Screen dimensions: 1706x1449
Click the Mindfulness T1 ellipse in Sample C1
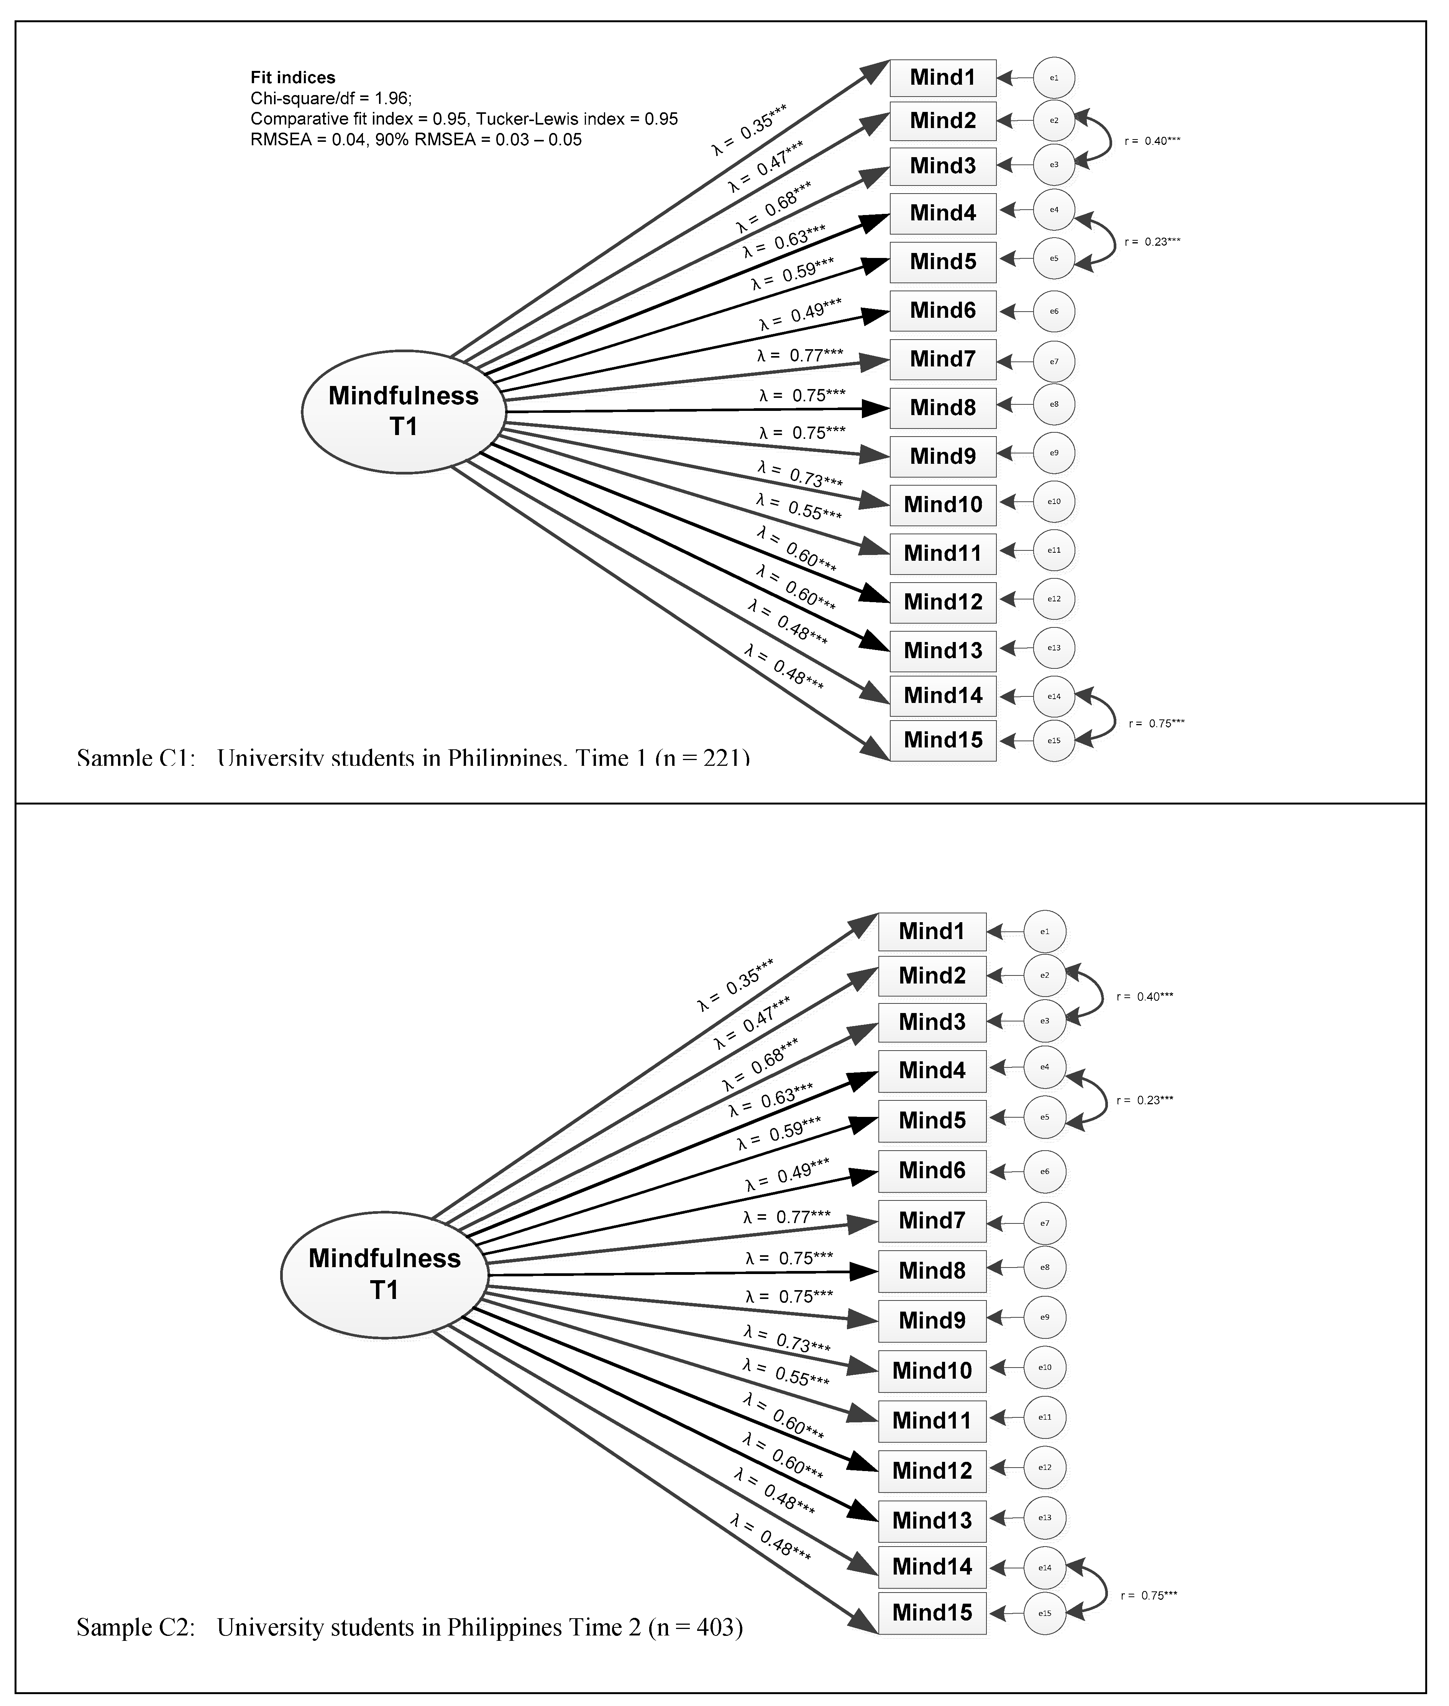(403, 412)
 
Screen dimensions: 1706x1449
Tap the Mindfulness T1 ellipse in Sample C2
(384, 1274)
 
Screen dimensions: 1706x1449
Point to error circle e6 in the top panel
(1054, 311)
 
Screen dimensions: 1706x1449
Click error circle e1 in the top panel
(1054, 78)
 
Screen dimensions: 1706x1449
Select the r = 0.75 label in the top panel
(1156, 724)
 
